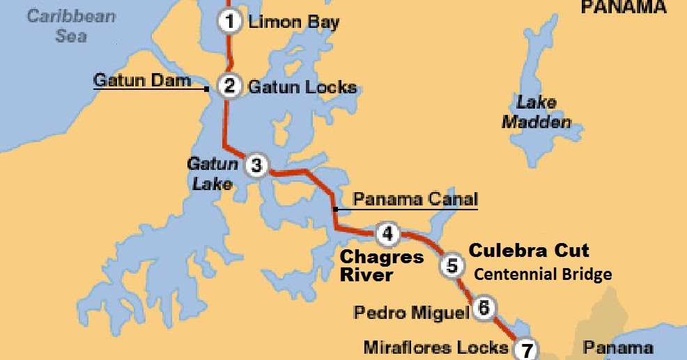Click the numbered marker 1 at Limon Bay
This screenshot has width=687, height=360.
[228, 22]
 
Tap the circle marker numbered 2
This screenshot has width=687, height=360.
[229, 86]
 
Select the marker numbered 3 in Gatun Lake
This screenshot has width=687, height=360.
[256, 166]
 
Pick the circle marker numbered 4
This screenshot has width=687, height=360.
[387, 234]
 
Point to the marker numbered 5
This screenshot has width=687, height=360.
[452, 265]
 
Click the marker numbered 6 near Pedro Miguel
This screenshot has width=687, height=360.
[484, 308]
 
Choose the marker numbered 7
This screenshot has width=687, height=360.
[527, 349]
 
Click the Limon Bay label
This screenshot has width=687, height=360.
[294, 22]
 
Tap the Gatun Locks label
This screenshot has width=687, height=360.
[302, 87]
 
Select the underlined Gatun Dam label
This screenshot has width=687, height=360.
[142, 81]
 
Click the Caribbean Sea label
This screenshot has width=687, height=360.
[71, 25]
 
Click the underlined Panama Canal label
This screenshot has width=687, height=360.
[415, 200]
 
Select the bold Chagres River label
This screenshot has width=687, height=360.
[381, 266]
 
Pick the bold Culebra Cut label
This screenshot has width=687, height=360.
[528, 251]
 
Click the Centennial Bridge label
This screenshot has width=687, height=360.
[543, 274]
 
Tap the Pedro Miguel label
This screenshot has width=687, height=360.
[411, 312]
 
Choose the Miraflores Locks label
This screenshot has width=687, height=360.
[435, 347]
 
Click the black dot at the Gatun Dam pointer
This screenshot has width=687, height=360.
[207, 89]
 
